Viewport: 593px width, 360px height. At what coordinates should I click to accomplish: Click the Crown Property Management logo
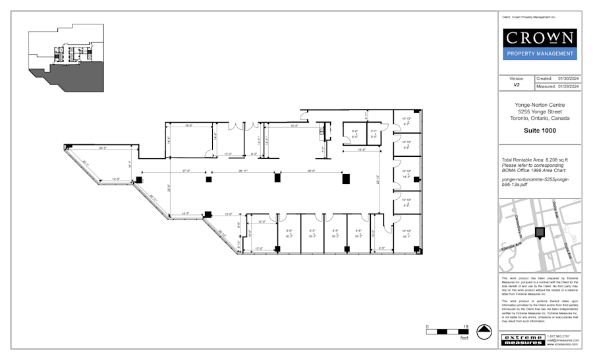point(540,44)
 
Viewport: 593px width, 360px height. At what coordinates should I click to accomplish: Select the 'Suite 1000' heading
point(540,131)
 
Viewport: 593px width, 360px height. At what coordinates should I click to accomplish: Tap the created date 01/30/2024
point(568,78)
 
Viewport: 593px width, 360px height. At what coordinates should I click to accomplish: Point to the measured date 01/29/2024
point(568,86)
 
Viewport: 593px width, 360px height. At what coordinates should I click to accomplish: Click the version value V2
point(517,86)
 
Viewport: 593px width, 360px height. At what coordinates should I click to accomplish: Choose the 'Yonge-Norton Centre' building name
point(540,105)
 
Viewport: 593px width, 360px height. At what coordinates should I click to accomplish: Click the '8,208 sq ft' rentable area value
point(560,160)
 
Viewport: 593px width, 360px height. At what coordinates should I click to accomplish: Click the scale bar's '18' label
point(465,327)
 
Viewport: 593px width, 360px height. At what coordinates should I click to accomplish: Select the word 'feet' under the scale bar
point(464,338)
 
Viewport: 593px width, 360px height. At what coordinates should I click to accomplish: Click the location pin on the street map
point(540,233)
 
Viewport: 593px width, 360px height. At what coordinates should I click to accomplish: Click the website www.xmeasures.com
point(562,345)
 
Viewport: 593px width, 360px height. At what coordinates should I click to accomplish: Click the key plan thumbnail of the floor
point(66,56)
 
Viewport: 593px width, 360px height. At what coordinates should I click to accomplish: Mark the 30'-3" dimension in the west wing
point(103,148)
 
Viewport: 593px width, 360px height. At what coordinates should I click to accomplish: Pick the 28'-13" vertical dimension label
point(378,179)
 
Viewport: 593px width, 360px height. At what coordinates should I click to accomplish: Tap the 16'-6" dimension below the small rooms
point(362,150)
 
